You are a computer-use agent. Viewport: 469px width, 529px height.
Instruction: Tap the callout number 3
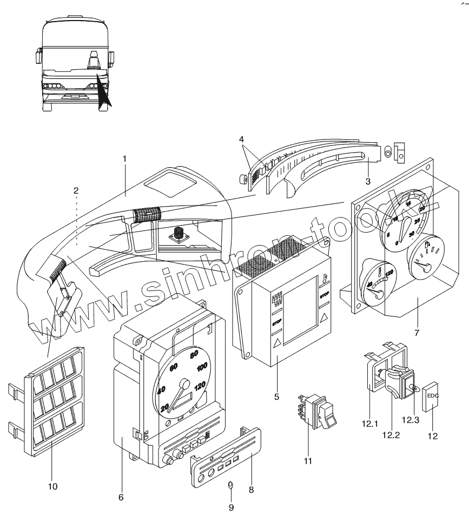point(367,181)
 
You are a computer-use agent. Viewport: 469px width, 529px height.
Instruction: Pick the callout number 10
point(52,486)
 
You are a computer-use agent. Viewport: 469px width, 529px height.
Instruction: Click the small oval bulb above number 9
point(229,485)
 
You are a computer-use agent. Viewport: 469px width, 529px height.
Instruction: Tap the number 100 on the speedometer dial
point(202,368)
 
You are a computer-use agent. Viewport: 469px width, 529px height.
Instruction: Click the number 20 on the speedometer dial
point(164,407)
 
